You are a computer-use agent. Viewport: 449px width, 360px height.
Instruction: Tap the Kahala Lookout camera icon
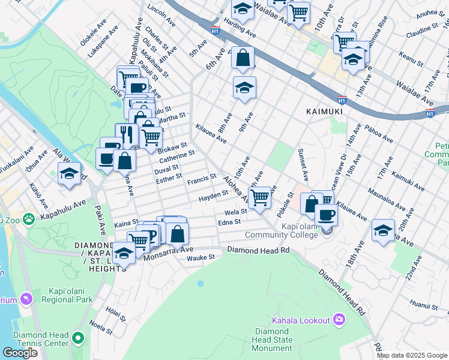coord(339,319)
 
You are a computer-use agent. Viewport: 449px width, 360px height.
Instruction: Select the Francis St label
coord(201,179)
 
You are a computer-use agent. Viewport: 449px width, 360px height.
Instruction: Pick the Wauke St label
coord(200,257)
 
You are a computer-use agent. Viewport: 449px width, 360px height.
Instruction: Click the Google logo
coord(20,353)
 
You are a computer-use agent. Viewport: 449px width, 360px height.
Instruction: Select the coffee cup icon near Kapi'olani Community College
coord(325,215)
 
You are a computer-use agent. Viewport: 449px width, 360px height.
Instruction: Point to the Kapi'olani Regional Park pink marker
coord(26,298)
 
